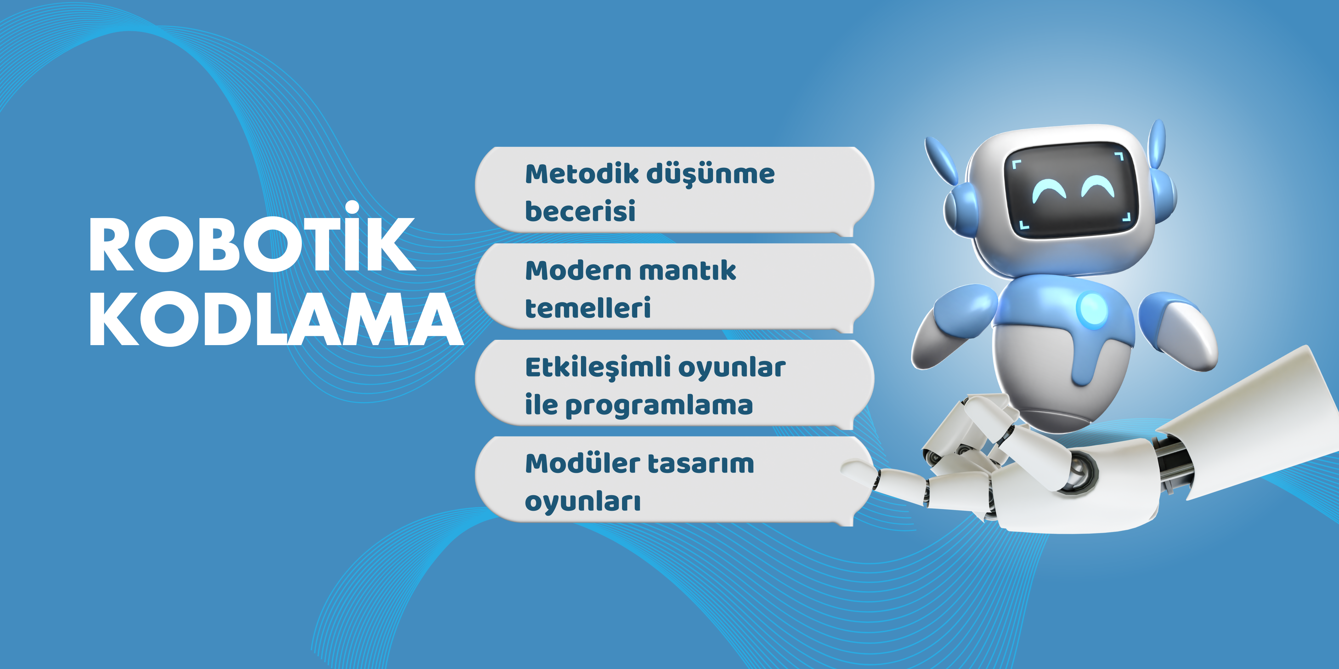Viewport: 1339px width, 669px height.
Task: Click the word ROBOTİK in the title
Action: [253, 237]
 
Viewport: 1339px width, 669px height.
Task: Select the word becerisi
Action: [580, 211]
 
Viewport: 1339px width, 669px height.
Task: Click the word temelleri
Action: [588, 308]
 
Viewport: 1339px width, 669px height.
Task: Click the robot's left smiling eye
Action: [1049, 191]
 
